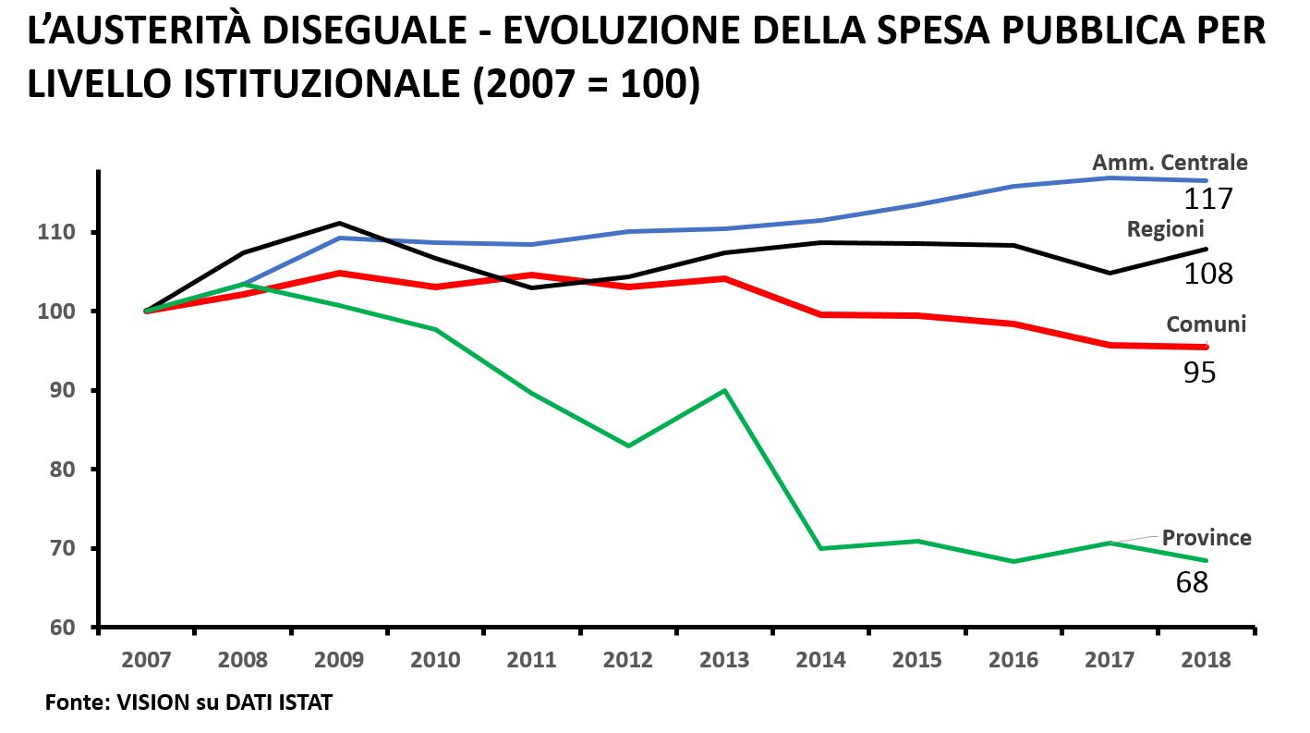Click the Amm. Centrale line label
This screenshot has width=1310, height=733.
(x=1170, y=163)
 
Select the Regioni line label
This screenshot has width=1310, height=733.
(x=1165, y=229)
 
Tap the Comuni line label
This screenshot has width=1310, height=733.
(x=1206, y=324)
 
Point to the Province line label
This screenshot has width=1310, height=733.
(x=1207, y=537)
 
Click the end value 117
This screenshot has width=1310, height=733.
(x=1208, y=198)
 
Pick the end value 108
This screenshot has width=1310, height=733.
(x=1208, y=273)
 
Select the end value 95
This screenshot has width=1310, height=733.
(x=1199, y=372)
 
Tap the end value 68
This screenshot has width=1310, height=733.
(x=1192, y=582)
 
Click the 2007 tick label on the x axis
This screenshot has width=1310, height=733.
(x=146, y=660)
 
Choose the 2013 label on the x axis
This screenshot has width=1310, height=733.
(x=724, y=660)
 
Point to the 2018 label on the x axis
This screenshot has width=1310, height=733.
(x=1206, y=660)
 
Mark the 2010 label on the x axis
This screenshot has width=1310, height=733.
(x=435, y=660)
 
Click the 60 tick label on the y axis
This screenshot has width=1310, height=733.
(x=62, y=628)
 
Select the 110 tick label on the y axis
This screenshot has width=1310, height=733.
(x=57, y=232)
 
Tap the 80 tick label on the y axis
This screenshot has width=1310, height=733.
(x=62, y=470)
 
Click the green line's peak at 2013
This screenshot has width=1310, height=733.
(x=725, y=390)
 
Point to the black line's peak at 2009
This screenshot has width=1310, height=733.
(x=339, y=223)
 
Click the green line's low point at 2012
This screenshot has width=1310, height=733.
(x=628, y=446)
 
